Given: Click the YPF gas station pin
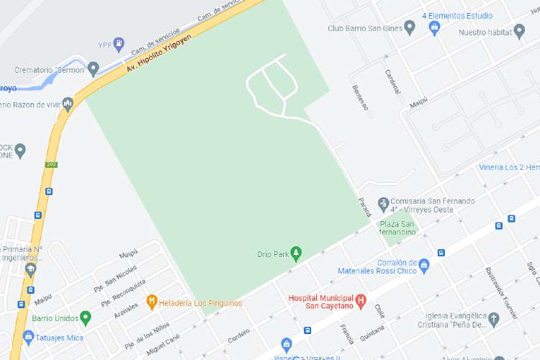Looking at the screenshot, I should [x=120, y=45].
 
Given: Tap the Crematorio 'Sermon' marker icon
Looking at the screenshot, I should [x=93, y=69].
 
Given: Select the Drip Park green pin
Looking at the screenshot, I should [x=295, y=253].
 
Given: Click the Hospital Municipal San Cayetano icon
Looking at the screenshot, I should [x=361, y=300].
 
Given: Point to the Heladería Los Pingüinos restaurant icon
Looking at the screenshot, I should [x=151, y=302].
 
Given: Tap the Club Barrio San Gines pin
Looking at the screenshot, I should [x=410, y=28].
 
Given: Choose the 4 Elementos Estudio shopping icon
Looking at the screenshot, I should [x=434, y=28].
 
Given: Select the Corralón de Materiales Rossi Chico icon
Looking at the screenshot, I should [x=424, y=266].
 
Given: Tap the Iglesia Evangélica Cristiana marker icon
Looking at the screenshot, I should [x=494, y=319].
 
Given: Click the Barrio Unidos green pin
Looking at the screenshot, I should [x=86, y=317].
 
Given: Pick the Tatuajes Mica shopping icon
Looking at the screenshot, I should [x=28, y=336].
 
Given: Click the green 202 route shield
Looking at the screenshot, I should [x=51, y=164].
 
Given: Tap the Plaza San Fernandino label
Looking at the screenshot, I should [x=398, y=228].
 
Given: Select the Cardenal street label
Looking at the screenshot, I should [x=392, y=86].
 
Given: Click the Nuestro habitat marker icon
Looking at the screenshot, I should [x=519, y=32].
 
